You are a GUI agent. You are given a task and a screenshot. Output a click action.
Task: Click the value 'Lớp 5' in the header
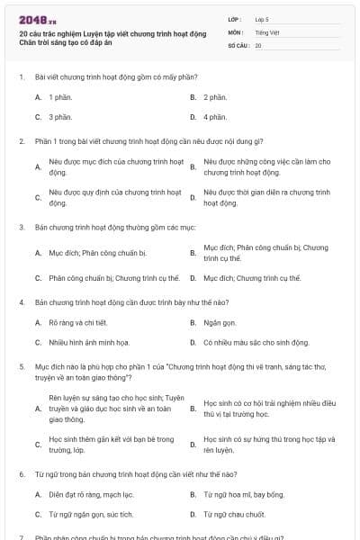click(262, 19)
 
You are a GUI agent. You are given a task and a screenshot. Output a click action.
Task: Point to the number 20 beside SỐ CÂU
click(258, 44)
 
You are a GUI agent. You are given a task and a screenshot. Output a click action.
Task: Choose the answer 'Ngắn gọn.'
click(220, 321)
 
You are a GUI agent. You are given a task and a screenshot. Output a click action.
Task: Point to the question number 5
click(21, 367)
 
